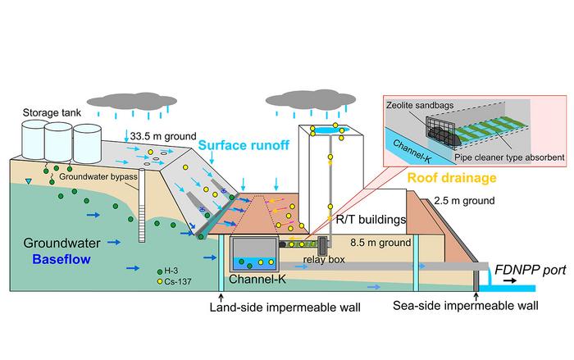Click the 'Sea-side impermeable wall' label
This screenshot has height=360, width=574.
[x=466, y=307]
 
